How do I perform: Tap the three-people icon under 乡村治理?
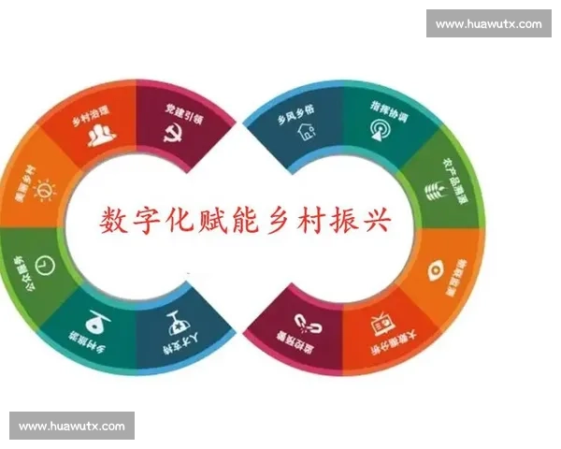(x=100, y=137)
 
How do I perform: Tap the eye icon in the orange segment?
(x=436, y=270)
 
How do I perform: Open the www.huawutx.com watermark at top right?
(x=488, y=23)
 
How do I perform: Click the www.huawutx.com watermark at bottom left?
(x=71, y=427)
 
